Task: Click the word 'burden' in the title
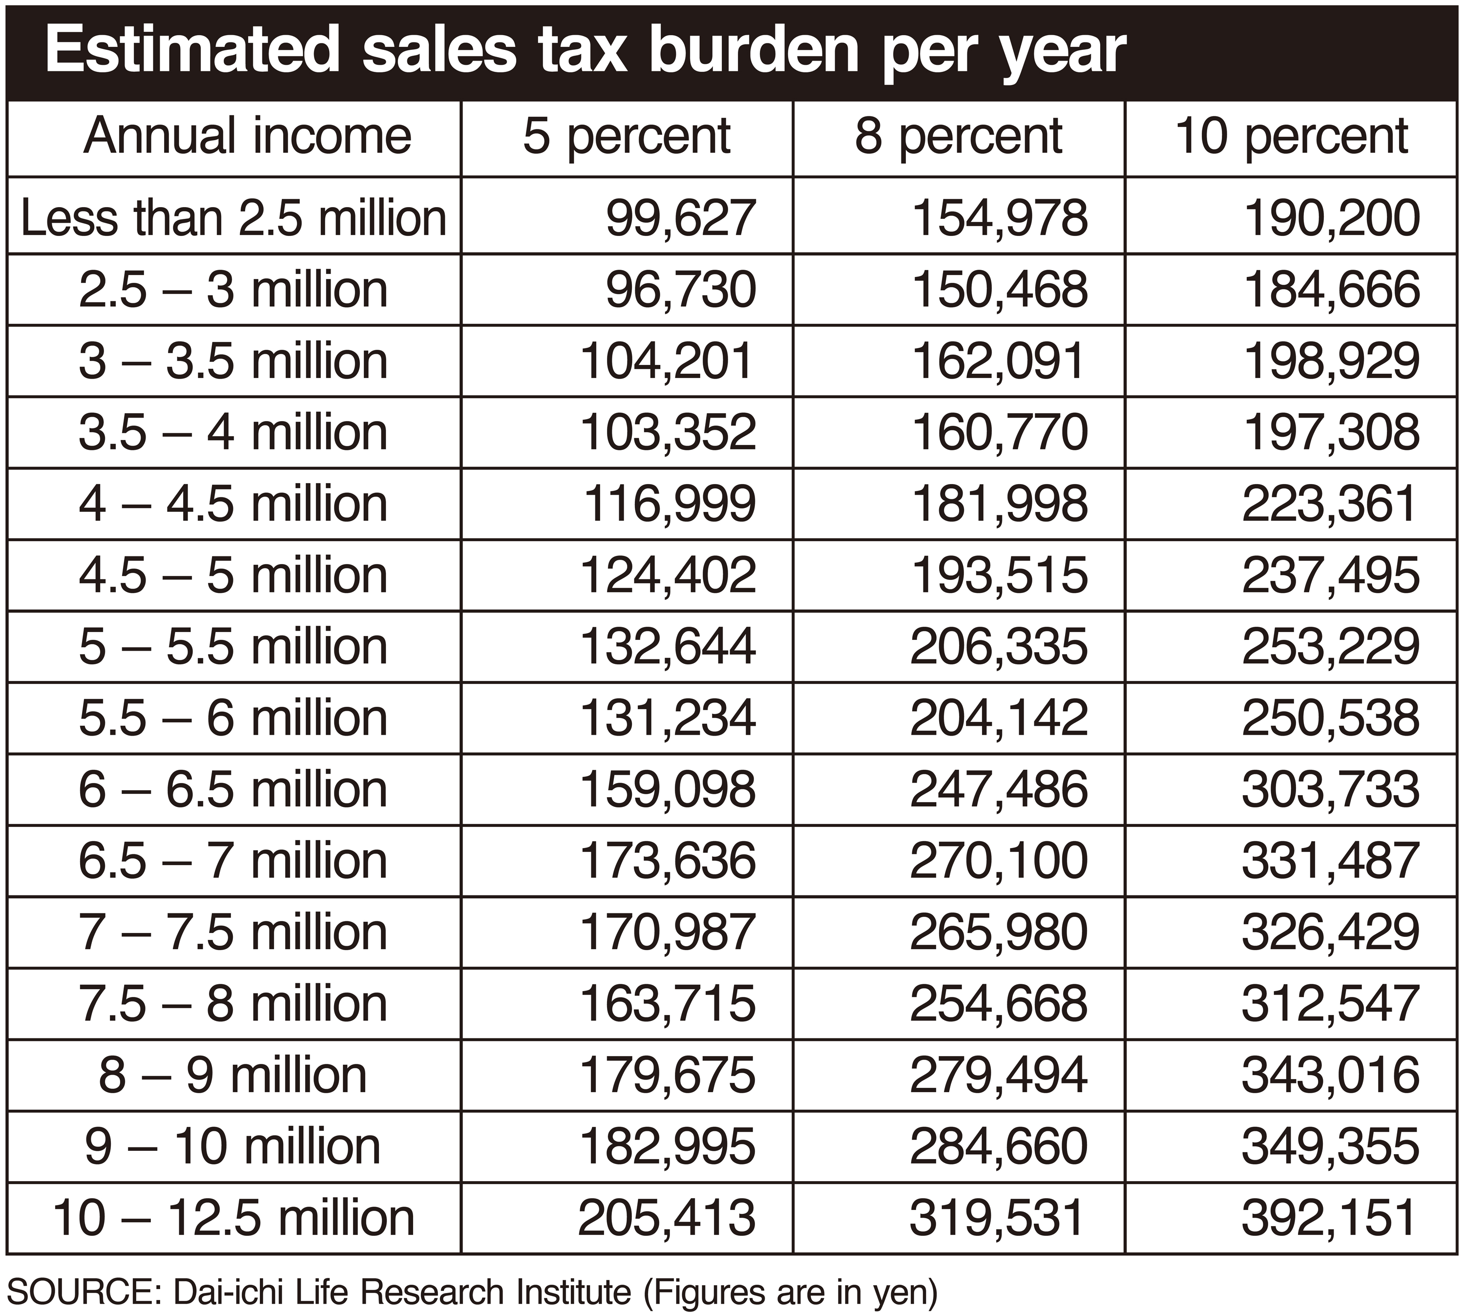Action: [x=754, y=51]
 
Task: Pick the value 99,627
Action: [x=680, y=218]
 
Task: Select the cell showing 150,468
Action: [x=1000, y=289]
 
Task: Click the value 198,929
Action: [x=1332, y=360]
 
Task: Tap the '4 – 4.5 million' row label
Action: [x=233, y=504]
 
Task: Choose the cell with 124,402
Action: [x=668, y=575]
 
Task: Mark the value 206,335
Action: [x=999, y=646]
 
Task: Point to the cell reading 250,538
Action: [x=1331, y=718]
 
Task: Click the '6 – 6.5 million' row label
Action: [x=233, y=789]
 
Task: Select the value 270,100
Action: [x=999, y=861]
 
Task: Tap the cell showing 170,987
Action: [x=668, y=932]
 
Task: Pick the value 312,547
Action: [x=1331, y=1003]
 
